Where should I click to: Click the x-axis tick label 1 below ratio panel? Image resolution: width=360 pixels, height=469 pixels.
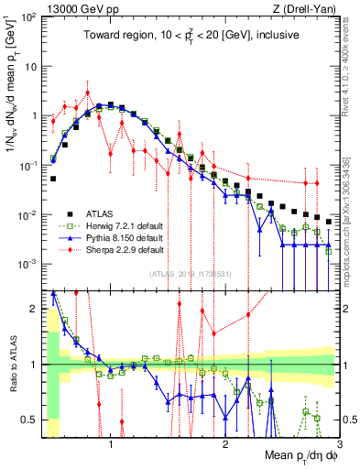[x=111, y=445]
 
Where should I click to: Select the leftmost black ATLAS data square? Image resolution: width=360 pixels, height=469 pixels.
[x=53, y=180]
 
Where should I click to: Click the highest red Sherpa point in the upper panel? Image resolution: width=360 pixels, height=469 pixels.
[x=88, y=93]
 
